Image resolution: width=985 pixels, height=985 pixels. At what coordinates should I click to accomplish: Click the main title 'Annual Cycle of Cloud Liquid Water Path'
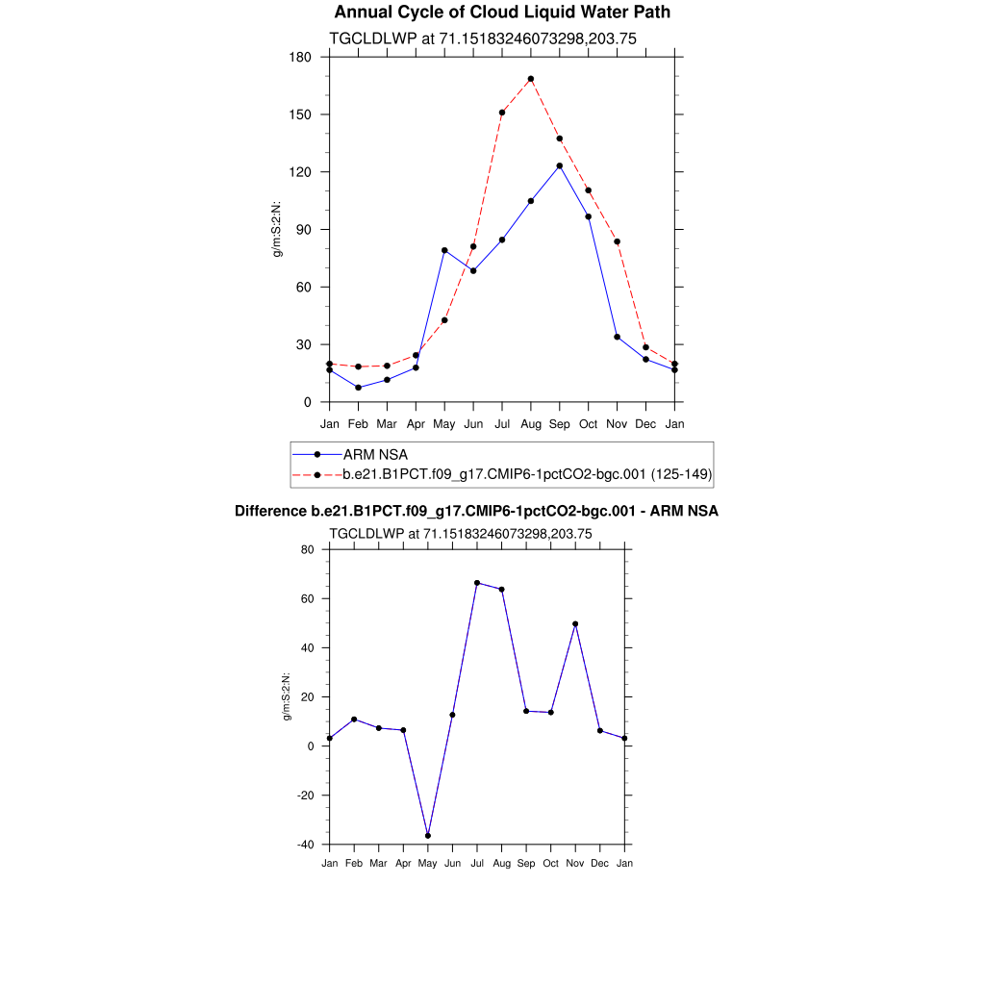(x=501, y=13)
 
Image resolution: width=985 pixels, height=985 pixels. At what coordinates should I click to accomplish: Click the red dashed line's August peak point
(x=531, y=79)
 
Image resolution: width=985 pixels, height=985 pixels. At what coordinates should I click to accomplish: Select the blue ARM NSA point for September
(x=560, y=165)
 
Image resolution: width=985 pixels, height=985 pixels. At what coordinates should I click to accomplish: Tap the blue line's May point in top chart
(x=444, y=250)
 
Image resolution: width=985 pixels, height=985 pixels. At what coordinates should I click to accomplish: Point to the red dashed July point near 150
(x=502, y=113)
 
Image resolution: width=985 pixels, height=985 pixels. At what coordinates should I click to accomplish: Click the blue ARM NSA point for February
(x=358, y=388)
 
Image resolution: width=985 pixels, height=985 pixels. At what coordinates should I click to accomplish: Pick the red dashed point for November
(x=617, y=241)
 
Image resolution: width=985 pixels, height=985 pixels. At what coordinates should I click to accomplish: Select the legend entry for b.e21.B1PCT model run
(x=527, y=474)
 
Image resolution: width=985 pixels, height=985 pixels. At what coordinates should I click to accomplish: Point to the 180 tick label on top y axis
(x=301, y=57)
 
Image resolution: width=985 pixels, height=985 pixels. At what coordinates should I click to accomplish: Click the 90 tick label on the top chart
(x=305, y=230)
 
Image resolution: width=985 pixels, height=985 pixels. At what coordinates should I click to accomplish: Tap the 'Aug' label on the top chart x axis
(x=531, y=424)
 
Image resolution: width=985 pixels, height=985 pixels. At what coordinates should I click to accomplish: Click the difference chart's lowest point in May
(x=428, y=836)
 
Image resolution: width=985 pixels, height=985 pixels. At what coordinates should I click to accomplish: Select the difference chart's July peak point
(x=477, y=583)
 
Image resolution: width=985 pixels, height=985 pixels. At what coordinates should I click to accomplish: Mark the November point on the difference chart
(x=575, y=624)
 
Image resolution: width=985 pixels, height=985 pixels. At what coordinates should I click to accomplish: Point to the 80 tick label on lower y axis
(x=308, y=549)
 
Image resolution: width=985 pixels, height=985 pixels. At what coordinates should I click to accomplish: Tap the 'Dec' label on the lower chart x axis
(x=600, y=864)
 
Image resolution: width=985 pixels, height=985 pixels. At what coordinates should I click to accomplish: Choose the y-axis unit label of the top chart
(x=277, y=229)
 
